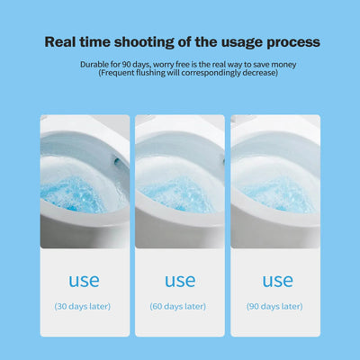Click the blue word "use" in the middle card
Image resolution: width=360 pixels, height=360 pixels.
tap(179, 281)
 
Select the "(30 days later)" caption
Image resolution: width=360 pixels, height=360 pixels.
tap(83, 306)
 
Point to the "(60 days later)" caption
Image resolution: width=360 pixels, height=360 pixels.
tap(179, 306)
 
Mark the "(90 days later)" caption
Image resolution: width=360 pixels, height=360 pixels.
tap(274, 306)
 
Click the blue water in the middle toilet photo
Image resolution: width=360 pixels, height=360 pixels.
tap(176, 193)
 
